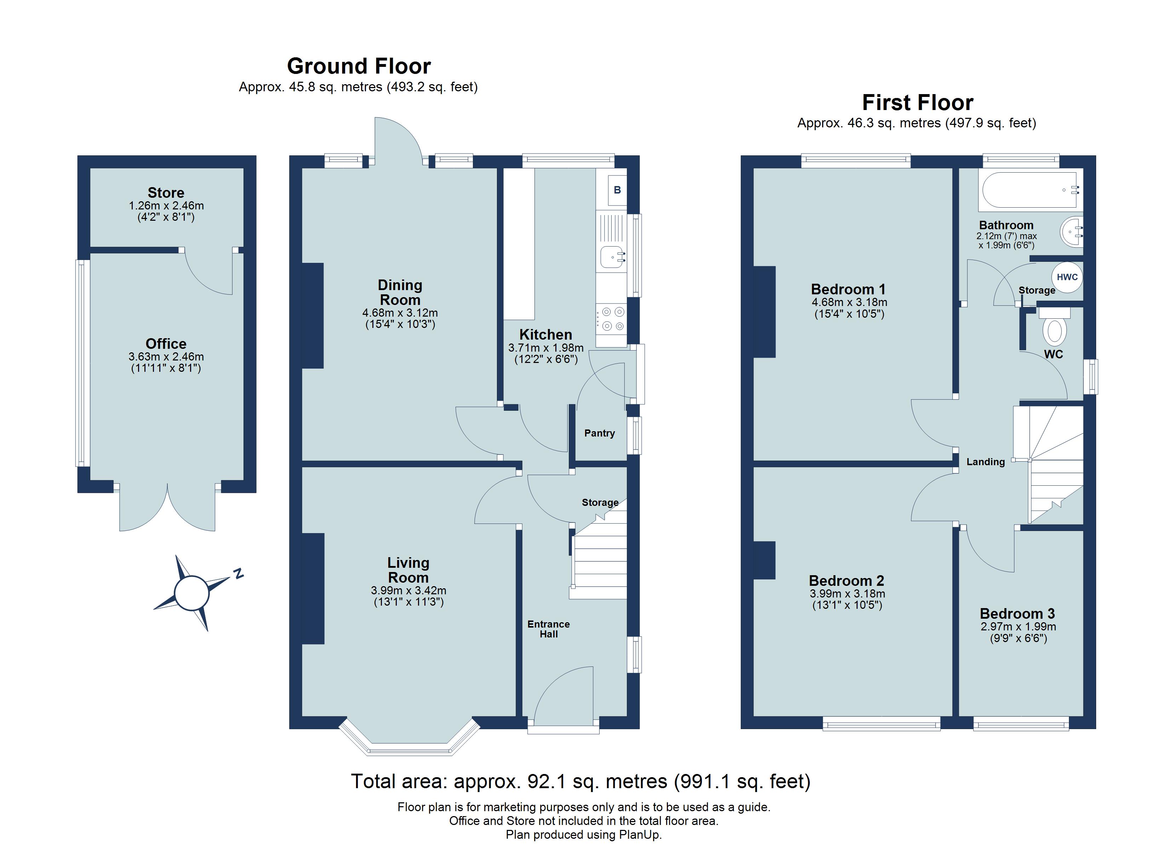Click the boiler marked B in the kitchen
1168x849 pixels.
617,190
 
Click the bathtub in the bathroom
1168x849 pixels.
1030,190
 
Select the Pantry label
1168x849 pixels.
599,433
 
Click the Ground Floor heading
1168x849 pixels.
359,66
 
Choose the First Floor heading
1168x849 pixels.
917,103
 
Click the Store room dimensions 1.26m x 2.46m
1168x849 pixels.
166,206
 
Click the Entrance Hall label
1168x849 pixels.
549,629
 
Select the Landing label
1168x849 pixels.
985,462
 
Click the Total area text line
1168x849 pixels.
580,781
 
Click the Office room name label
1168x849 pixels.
166,343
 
